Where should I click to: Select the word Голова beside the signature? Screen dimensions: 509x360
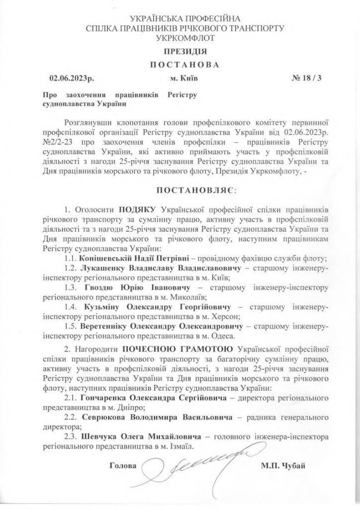tap(121, 466)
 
